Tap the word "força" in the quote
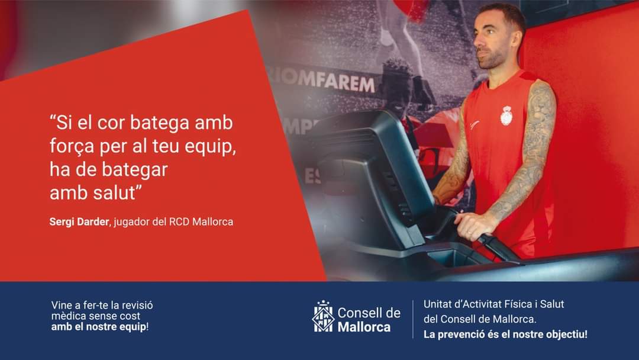click(72, 146)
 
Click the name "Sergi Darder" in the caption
click(79, 222)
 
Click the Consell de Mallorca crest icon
click(323, 316)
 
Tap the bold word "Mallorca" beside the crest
click(364, 327)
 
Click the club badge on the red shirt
click(506, 116)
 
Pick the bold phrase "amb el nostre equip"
click(99, 327)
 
